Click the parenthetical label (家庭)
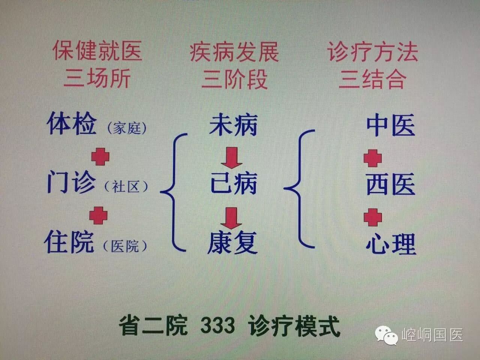(x=127, y=129)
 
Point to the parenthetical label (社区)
(x=127, y=187)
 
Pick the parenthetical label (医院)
(x=125, y=246)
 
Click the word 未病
(x=233, y=124)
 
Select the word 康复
(x=233, y=242)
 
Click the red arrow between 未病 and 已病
(x=231, y=157)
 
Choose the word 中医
(x=391, y=125)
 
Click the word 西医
(x=391, y=184)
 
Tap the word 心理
(x=391, y=243)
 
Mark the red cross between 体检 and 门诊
(x=100, y=156)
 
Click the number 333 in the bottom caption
(x=217, y=325)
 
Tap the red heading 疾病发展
(x=234, y=51)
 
